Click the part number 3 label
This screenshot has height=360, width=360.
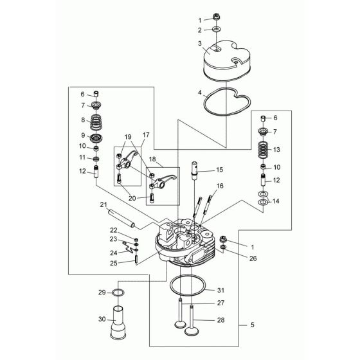[x=201, y=44]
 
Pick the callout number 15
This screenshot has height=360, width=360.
[x=219, y=170]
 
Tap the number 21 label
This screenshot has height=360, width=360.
[x=102, y=206]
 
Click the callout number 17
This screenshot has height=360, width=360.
[x=145, y=135]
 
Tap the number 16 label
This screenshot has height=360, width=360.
[x=219, y=186]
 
